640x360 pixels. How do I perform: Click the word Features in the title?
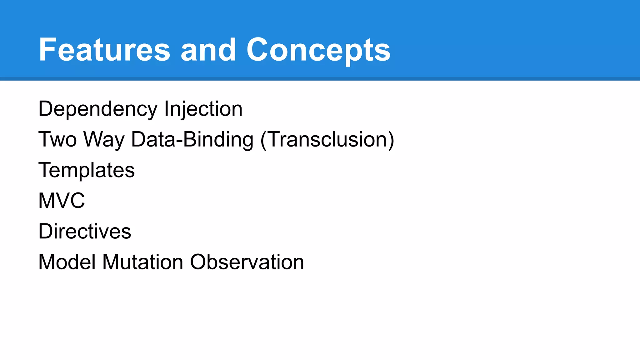(104, 50)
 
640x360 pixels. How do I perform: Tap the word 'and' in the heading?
(208, 50)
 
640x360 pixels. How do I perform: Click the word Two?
(57, 139)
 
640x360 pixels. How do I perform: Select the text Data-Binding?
(192, 139)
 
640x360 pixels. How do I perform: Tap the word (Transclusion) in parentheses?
(327, 139)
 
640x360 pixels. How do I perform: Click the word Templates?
(87, 170)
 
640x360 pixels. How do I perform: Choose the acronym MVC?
(62, 201)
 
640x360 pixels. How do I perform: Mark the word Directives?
(85, 231)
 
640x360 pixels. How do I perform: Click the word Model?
(67, 262)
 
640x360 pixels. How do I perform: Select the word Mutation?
(143, 262)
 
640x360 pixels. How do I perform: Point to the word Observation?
(247, 262)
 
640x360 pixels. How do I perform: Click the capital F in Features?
(47, 50)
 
